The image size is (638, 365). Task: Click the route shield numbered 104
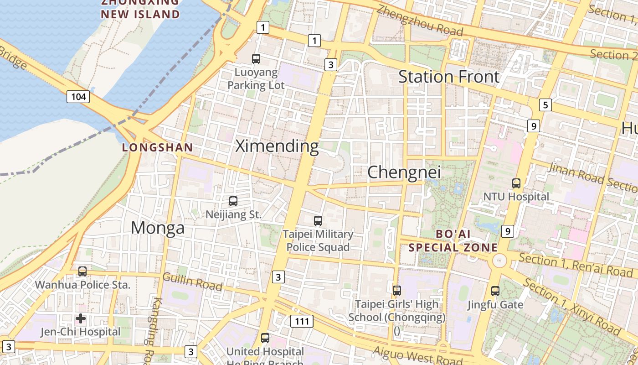78,96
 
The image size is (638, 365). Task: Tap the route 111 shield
302,321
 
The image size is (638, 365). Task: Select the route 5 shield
545,105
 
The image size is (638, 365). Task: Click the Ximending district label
277,146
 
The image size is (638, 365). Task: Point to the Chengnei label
404,172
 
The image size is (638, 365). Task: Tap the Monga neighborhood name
158,228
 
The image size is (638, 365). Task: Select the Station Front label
449,77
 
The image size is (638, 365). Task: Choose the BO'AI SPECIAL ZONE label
453,241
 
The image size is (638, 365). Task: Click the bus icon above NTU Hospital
516,183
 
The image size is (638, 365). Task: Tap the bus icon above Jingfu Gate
495,291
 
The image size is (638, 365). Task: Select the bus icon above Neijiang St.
233,201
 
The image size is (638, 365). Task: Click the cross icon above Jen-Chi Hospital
81,318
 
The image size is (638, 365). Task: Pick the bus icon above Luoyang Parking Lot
256,58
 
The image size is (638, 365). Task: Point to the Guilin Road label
192,282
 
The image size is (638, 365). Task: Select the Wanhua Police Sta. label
82,285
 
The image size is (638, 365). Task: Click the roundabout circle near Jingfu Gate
499,261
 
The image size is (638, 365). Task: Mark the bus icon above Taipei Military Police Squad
318,221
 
